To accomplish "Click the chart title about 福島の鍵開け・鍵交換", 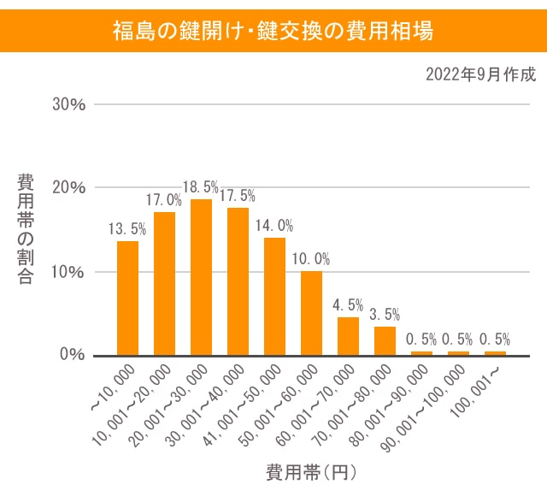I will click(273, 32).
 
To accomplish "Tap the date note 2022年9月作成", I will click(480, 75).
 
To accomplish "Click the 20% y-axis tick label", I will click(69, 188).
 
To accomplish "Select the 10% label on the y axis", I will click(69, 272).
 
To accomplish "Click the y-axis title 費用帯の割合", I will click(26, 228).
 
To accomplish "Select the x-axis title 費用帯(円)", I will click(310, 471).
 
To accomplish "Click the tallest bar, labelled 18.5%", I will click(201, 277).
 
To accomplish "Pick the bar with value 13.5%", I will click(127, 298).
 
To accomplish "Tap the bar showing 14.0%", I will click(274, 296).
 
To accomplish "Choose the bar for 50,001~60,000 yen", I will click(311, 312).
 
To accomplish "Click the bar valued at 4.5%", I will click(348, 335).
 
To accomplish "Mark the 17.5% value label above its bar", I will click(238, 196).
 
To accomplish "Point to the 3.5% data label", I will click(385, 315).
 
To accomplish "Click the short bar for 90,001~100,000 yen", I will click(458, 352).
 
